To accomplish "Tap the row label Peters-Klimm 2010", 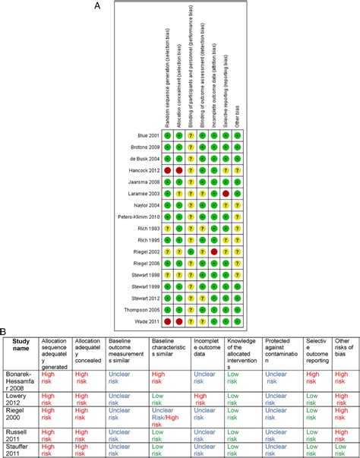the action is (x=134, y=217).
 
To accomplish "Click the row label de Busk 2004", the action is (x=139, y=159).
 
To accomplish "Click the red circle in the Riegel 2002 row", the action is (x=215, y=251).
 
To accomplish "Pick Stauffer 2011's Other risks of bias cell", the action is (x=341, y=449).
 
